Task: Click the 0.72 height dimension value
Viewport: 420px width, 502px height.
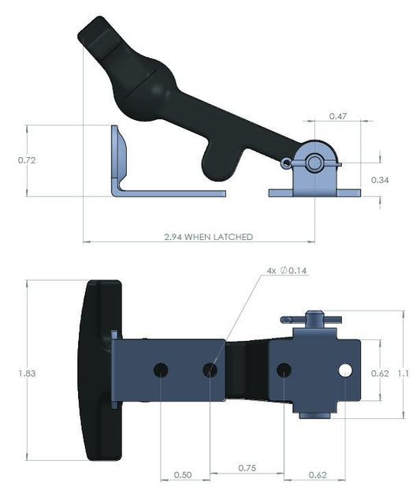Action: (x=28, y=159)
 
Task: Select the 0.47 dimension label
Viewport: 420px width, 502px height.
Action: (x=338, y=116)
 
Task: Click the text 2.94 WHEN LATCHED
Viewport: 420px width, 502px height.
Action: (x=208, y=236)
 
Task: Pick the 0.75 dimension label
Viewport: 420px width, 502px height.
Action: (x=249, y=467)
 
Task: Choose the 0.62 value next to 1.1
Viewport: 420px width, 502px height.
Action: (x=380, y=373)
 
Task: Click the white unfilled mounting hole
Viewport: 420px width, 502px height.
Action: (x=345, y=369)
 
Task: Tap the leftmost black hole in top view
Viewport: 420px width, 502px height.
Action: (x=161, y=369)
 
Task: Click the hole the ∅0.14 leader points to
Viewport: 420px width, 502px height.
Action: (x=210, y=369)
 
